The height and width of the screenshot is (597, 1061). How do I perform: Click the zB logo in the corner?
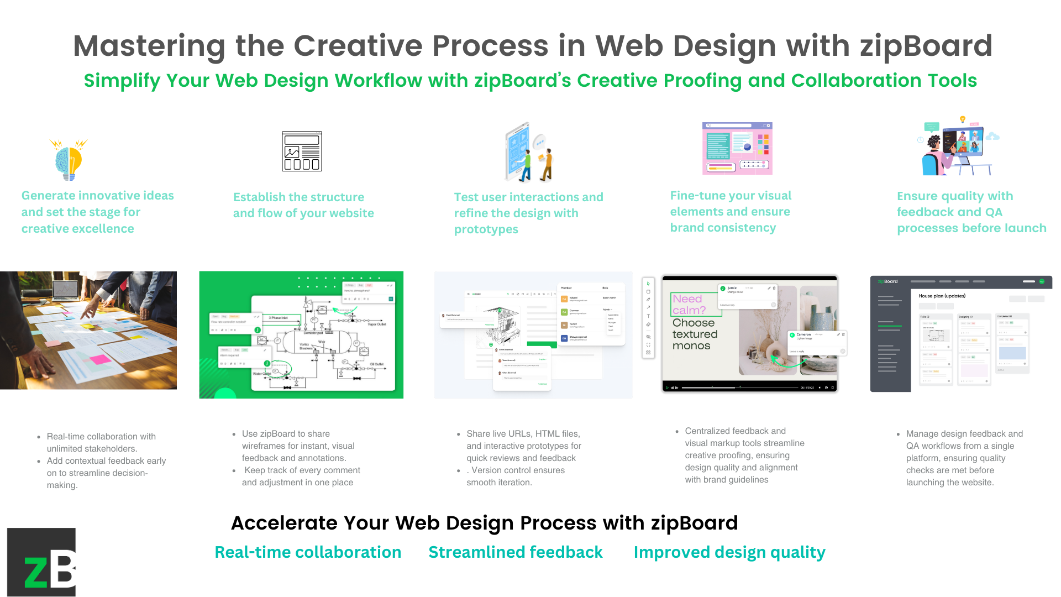click(x=41, y=562)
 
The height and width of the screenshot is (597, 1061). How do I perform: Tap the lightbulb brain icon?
click(x=69, y=160)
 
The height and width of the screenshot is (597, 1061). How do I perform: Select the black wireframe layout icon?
click(x=302, y=151)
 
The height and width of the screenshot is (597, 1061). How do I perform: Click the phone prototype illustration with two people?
click(x=528, y=153)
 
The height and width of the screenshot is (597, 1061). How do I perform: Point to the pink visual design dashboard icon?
click(x=737, y=148)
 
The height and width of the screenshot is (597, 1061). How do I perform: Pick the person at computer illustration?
click(x=957, y=147)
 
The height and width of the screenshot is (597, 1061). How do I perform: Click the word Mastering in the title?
click(x=149, y=46)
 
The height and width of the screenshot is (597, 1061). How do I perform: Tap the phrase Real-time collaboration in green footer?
click(x=308, y=552)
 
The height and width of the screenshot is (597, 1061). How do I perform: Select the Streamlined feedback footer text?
click(x=515, y=552)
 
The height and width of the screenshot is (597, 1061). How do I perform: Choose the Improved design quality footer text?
click(x=729, y=552)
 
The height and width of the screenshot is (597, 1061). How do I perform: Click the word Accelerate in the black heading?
click(x=282, y=523)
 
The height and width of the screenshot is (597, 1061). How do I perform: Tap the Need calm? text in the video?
click(x=689, y=305)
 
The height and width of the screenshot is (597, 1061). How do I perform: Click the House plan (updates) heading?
click(x=942, y=296)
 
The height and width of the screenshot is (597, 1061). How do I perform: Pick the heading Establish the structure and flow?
click(x=303, y=205)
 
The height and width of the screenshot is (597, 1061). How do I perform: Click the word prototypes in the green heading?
click(x=486, y=229)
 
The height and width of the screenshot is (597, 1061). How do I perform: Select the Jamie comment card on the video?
click(x=747, y=296)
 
